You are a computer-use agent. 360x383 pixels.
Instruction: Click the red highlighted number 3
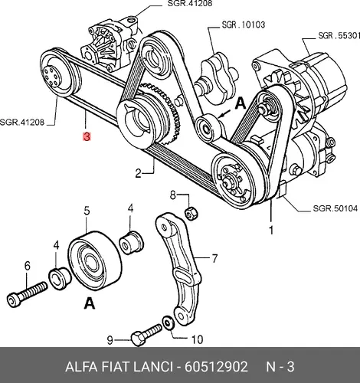87,136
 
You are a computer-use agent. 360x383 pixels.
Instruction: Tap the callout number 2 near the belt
138,173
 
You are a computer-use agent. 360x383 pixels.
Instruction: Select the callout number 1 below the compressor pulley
271,230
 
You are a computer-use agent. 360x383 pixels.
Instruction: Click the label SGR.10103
244,25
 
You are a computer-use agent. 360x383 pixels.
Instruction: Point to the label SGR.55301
339,35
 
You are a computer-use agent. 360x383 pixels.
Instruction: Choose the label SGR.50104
335,208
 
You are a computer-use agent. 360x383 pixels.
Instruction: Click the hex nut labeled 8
191,214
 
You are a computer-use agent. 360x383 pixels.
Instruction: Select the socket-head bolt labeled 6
27,293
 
